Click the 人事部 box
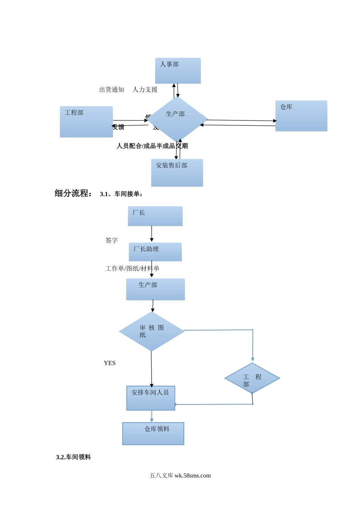coord(178,71)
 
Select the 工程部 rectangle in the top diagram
coord(86,122)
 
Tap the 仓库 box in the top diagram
coord(301,116)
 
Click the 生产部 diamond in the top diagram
coord(177,119)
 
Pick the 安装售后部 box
coord(177,173)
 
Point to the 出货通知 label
coord(112,90)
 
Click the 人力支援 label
coord(145,90)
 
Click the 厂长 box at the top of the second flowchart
coord(155,216)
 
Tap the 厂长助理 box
coord(155,252)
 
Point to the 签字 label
coord(111,240)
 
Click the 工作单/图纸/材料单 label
coord(132,269)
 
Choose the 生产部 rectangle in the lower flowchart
coord(155,289)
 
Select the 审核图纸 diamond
coord(152,331)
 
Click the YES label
coord(110,363)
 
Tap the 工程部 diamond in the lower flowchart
coord(252,378)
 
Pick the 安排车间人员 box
coord(151,398)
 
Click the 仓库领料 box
coord(153,434)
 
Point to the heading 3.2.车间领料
coord(74,457)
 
